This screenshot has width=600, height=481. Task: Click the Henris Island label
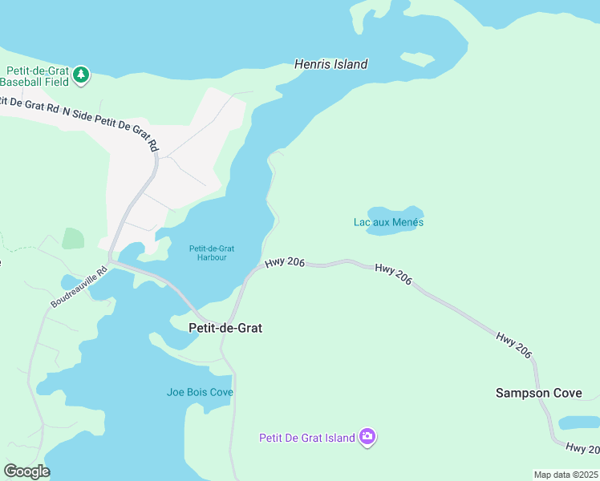(330, 64)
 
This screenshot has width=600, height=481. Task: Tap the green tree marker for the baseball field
(81, 75)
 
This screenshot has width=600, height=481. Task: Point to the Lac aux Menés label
(388, 222)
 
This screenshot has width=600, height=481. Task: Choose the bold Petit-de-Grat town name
(225, 328)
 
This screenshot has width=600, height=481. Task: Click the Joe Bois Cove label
(200, 392)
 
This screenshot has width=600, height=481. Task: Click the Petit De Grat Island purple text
(306, 438)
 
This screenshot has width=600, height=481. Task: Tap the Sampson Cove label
(538, 393)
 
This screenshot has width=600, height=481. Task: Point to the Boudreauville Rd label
(79, 288)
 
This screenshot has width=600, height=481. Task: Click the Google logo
(26, 471)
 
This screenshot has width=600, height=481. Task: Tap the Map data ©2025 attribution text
(566, 475)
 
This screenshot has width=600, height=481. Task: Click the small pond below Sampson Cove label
(579, 422)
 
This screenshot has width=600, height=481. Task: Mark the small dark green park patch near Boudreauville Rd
(73, 238)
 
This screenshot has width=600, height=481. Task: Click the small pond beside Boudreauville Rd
(69, 283)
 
